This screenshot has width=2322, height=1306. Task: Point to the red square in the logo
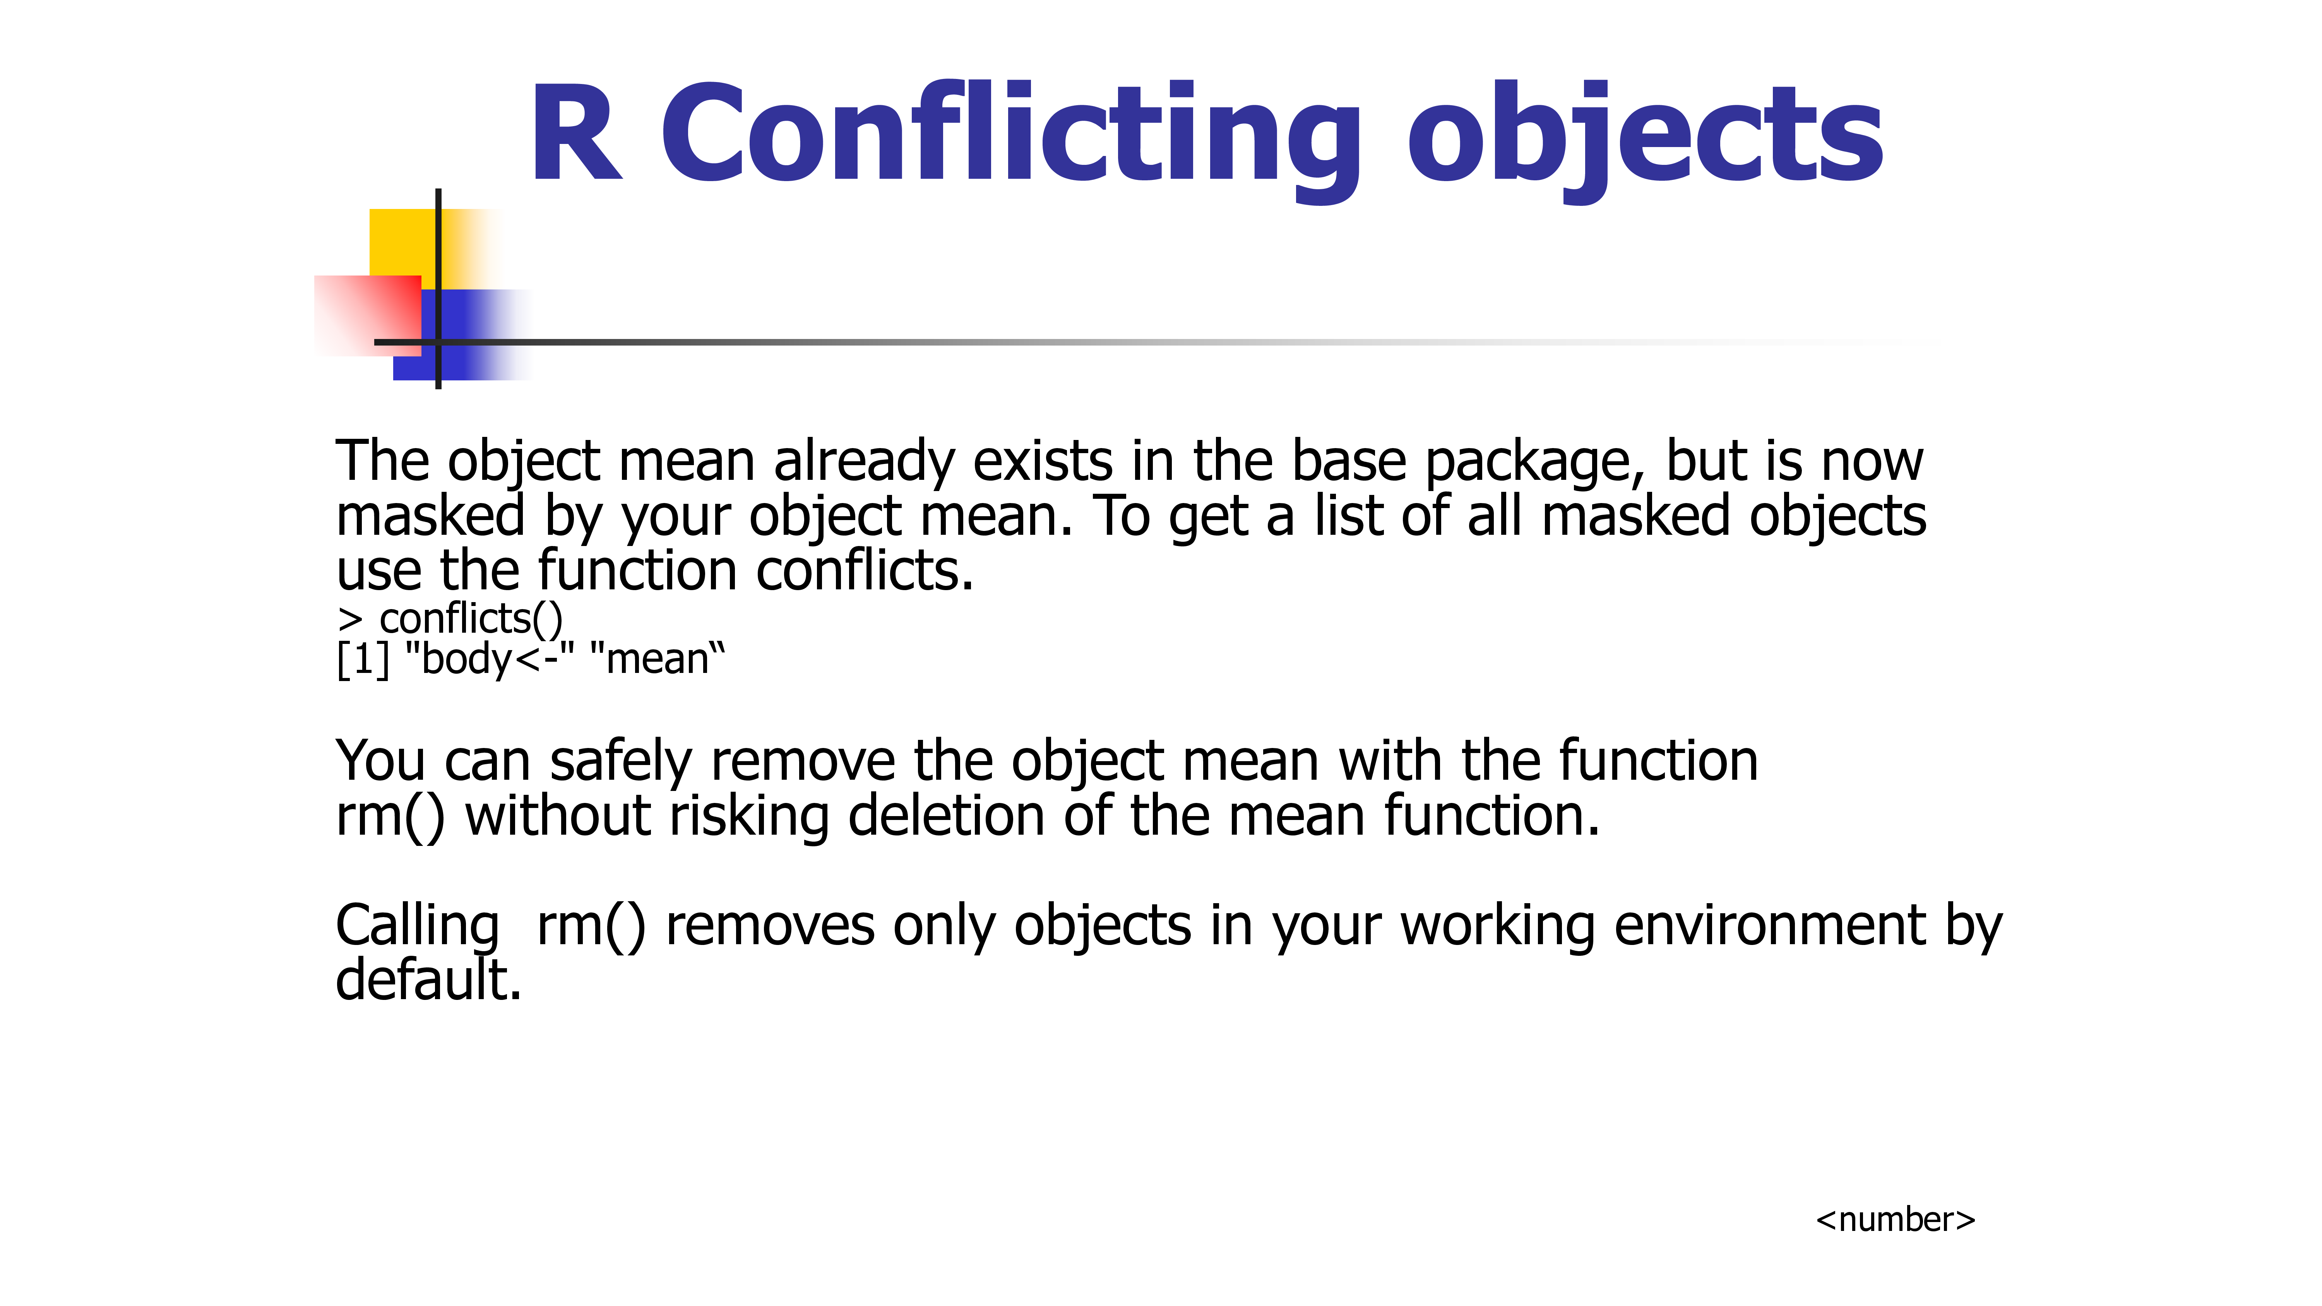(x=368, y=315)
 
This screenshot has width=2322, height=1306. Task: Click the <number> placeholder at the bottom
(x=1895, y=1219)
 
